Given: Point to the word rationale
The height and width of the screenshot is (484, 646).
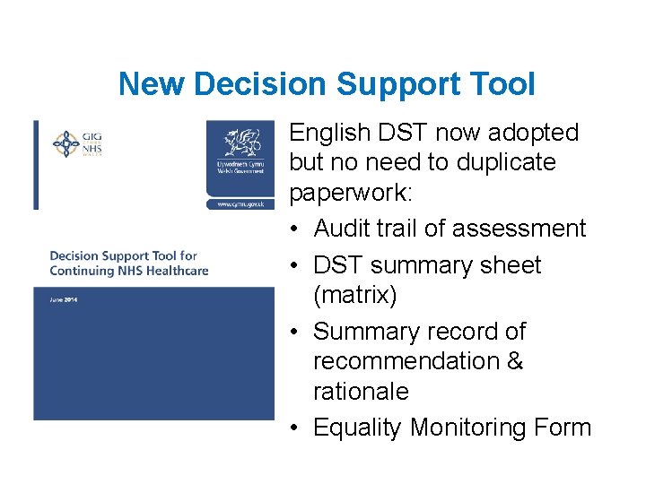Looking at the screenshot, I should pyautogui.click(x=360, y=392).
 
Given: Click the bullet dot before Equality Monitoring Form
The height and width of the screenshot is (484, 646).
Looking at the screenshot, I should pyautogui.click(x=296, y=428).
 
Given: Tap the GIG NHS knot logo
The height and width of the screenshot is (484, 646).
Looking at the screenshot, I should pyautogui.click(x=66, y=143).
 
